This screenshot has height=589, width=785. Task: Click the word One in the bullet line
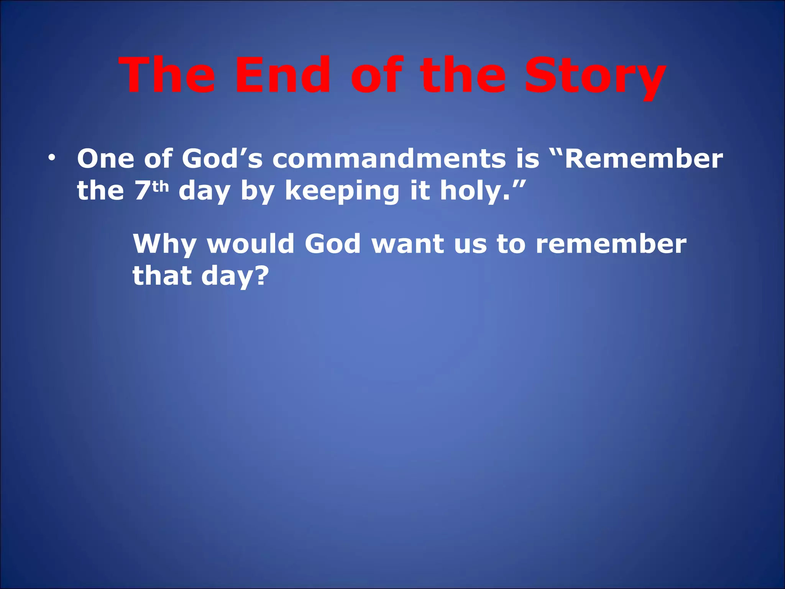(105, 158)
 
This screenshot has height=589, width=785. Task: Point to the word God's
(222, 158)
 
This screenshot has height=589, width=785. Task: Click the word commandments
(389, 158)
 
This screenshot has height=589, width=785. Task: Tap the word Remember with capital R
(644, 158)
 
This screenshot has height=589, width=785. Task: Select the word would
(251, 244)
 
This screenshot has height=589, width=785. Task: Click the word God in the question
(332, 244)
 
